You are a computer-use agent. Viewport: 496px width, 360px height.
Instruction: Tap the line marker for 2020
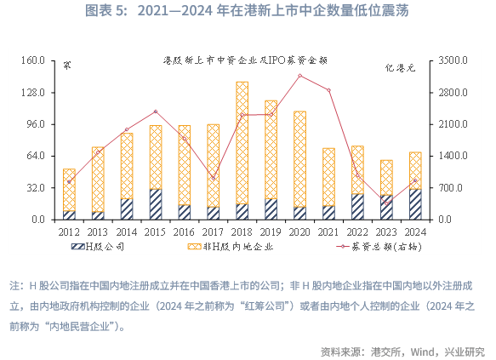point(299,76)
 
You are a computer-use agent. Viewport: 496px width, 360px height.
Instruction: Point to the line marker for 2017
point(214,178)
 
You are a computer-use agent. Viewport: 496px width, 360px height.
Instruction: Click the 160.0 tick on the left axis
point(32,60)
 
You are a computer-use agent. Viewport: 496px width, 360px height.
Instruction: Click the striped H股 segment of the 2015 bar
point(156,204)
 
